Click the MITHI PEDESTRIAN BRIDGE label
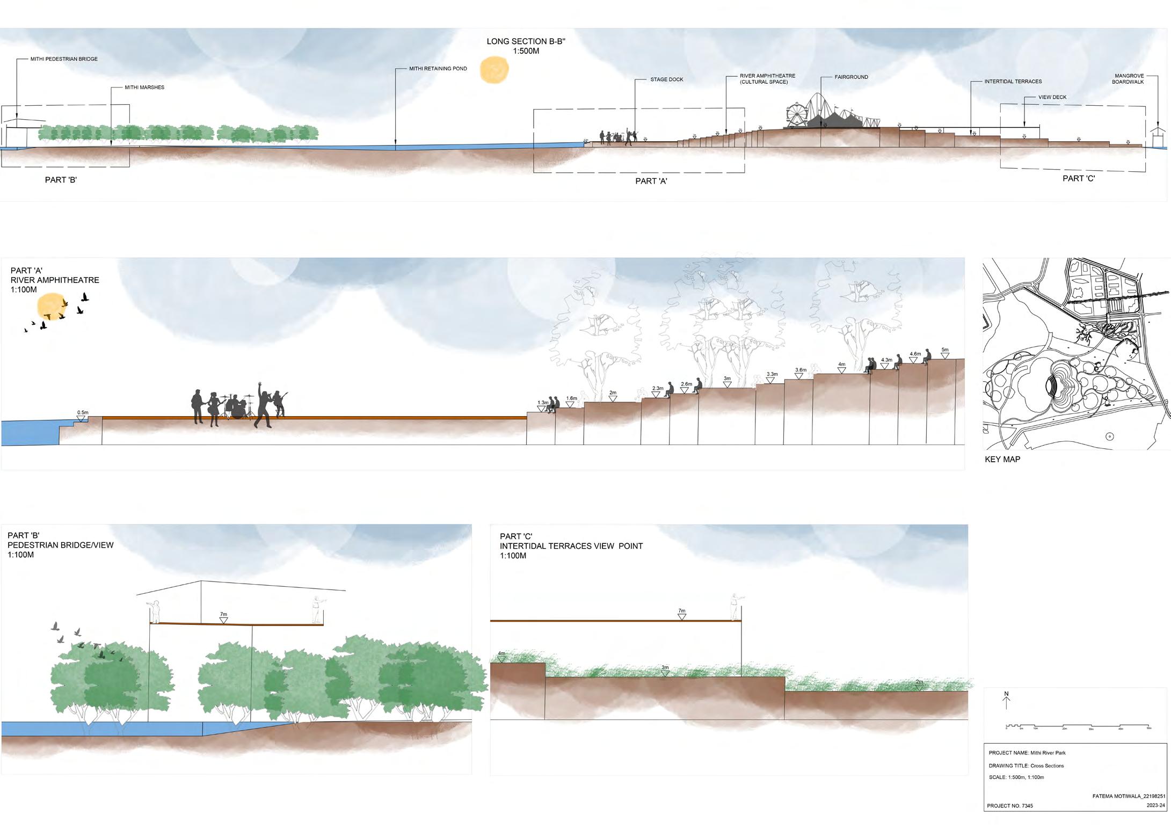tap(64, 59)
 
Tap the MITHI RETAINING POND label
tap(438, 69)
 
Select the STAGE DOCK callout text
tap(666, 79)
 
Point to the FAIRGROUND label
tap(851, 77)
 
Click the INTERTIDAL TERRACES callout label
tap(1013, 82)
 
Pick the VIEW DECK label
tap(1052, 97)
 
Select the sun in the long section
tap(494, 70)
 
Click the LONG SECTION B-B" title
tap(526, 46)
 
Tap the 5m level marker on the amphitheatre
tap(944, 352)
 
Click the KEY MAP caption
tap(1002, 460)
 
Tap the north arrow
tap(1006, 700)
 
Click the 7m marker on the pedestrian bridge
tap(223, 617)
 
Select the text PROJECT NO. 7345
tap(1009, 806)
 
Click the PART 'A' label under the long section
tap(651, 181)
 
